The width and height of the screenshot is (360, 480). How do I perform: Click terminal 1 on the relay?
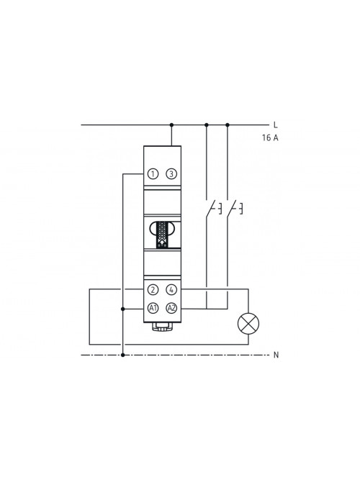[153, 174]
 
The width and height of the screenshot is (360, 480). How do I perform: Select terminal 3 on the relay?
[171, 174]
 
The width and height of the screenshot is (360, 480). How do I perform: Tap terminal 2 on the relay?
[153, 289]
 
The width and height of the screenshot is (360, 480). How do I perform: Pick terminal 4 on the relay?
[171, 289]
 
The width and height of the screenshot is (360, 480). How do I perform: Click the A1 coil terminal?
[153, 308]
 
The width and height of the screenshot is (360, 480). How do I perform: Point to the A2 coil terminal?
[171, 308]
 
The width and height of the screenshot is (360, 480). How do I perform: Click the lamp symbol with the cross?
[248, 324]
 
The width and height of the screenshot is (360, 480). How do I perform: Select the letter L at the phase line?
[276, 125]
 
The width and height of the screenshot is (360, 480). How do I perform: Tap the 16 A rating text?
[270, 137]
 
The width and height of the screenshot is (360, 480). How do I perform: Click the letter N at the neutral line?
[276, 355]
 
